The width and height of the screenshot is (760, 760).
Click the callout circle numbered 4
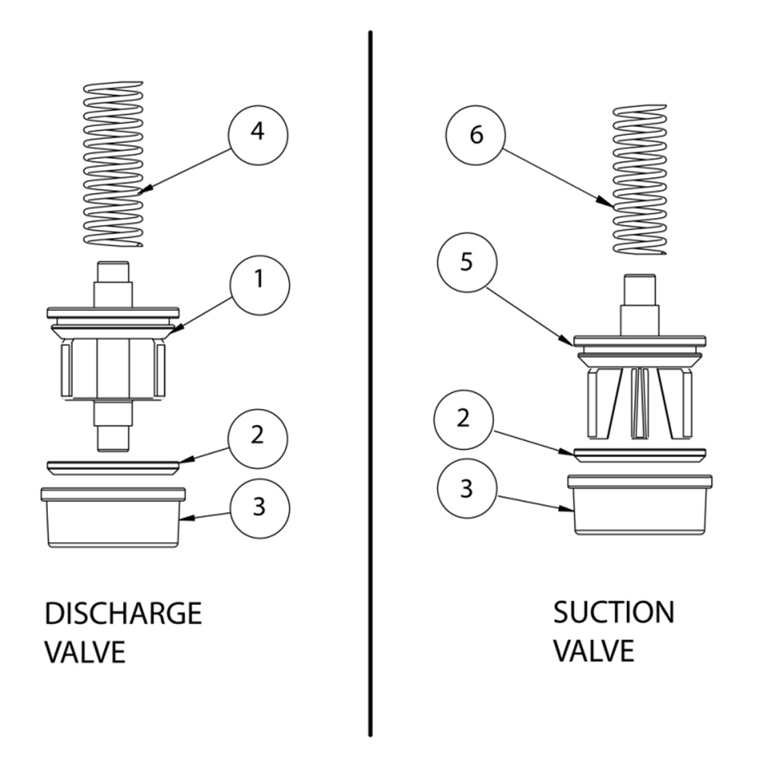(x=258, y=132)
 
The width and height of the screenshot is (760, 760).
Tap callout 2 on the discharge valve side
(x=258, y=436)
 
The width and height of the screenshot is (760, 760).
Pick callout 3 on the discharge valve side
(x=258, y=506)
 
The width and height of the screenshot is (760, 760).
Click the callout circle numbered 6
(x=476, y=135)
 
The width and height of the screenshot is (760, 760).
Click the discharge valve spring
(x=112, y=163)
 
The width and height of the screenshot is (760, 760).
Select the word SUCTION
(x=613, y=612)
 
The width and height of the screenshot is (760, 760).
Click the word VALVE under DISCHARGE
(x=84, y=652)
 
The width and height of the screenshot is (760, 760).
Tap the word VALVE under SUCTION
(x=592, y=651)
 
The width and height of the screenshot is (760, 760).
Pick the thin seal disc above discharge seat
(x=112, y=467)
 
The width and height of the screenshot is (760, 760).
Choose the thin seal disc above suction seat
(x=639, y=454)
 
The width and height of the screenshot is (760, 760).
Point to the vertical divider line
(x=371, y=380)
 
